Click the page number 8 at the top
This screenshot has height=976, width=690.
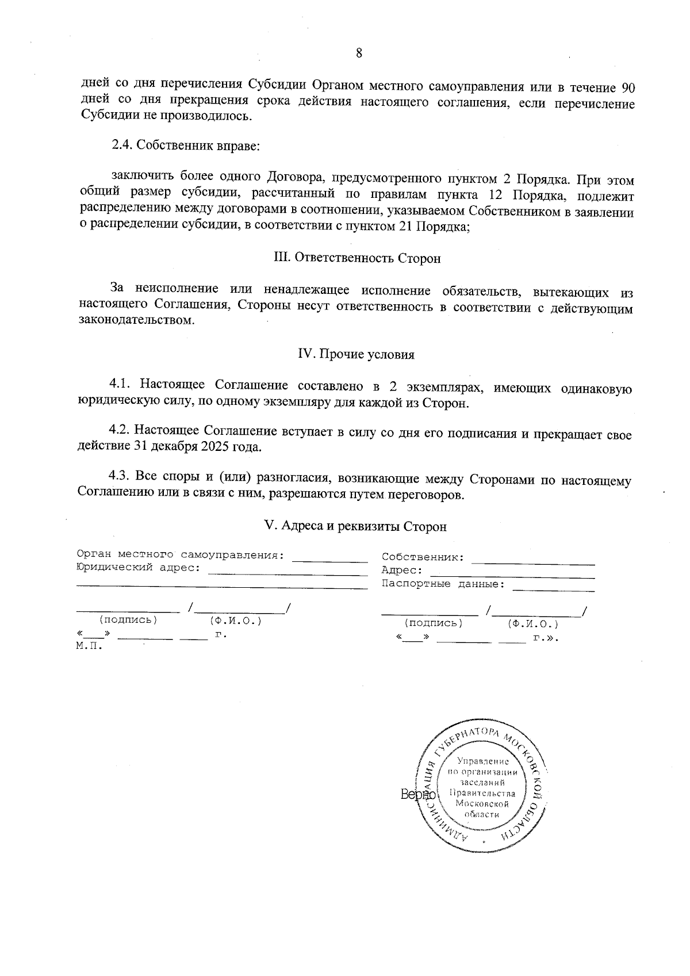pyautogui.click(x=359, y=53)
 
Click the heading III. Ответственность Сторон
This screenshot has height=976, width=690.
pyautogui.click(x=356, y=258)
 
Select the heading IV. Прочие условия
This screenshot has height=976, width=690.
pyautogui.click(x=356, y=355)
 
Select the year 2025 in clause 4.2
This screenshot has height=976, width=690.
pyautogui.click(x=217, y=447)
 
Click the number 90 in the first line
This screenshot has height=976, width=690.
pyautogui.click(x=628, y=88)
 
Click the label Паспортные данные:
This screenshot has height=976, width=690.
pyautogui.click(x=443, y=584)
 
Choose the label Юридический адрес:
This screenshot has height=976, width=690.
pyautogui.click(x=138, y=568)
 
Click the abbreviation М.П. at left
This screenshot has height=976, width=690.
pyautogui.click(x=89, y=646)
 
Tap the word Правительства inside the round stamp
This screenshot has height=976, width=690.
pyautogui.click(x=483, y=794)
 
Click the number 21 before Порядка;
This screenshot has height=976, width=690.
pyautogui.click(x=405, y=227)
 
